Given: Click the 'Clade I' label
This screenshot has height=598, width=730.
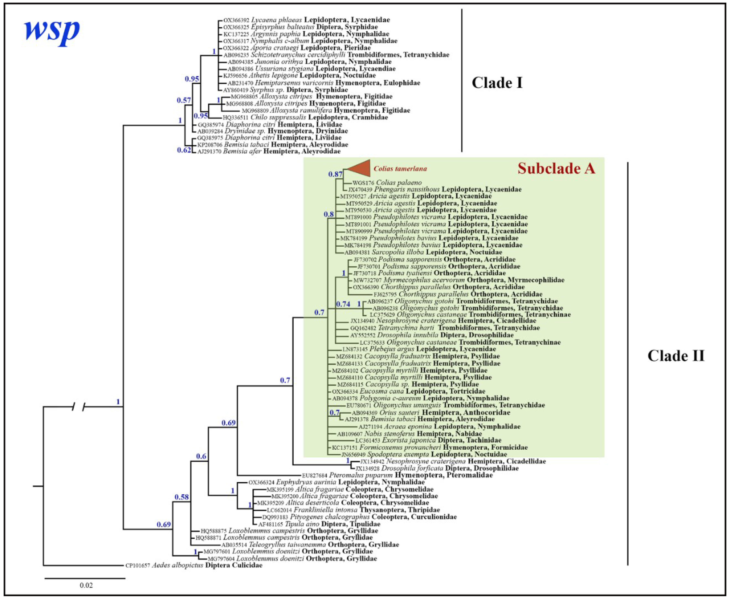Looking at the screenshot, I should point(497,83).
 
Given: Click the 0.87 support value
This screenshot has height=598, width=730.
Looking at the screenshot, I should point(335,174).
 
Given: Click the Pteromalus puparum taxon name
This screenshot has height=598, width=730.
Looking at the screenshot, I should point(361,475).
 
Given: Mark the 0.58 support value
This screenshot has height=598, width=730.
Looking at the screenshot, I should point(181,497).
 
